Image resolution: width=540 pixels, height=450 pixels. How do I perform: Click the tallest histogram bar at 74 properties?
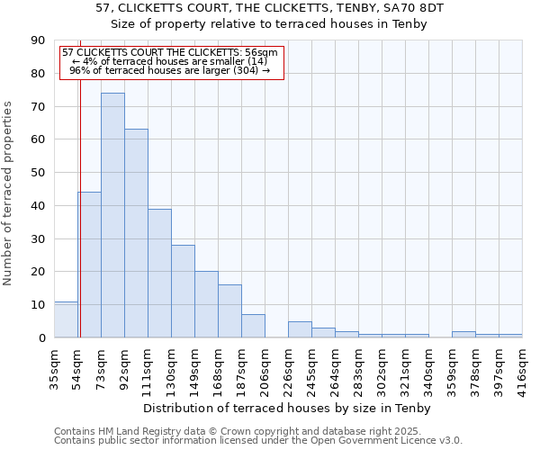pyautogui.click(x=112, y=215)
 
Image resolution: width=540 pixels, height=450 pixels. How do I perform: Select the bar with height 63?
pyautogui.click(x=136, y=233)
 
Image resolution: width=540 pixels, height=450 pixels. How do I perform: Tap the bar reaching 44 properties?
pyautogui.click(x=89, y=265)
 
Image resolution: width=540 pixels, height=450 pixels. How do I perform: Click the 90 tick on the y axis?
pyautogui.click(x=38, y=40)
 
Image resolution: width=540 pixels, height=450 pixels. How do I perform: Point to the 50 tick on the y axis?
pyautogui.click(x=38, y=173)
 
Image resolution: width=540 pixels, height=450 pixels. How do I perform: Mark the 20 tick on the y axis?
pyautogui.click(x=38, y=272)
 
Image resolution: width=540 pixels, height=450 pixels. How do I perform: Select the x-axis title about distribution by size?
pyautogui.click(x=287, y=409)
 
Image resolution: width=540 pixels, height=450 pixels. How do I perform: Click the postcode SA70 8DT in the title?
pyautogui.click(x=416, y=7)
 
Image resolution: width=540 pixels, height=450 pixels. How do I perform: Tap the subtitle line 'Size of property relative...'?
pyautogui.click(x=270, y=24)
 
